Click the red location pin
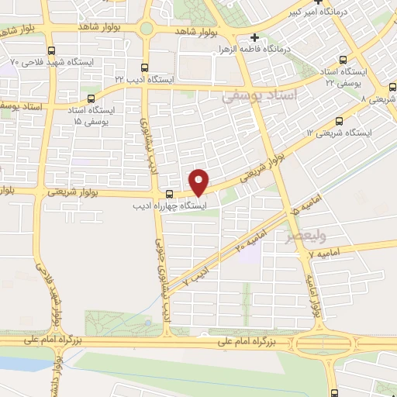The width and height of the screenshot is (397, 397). pyautogui.click(x=199, y=181)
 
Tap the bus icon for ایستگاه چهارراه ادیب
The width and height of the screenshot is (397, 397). pyautogui.click(x=170, y=193)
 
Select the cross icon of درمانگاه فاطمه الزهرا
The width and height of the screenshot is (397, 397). pyautogui.click(x=254, y=37)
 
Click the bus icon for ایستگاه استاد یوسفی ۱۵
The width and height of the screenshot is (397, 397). pyautogui.click(x=92, y=99)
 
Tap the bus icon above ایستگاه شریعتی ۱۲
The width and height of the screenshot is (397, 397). pyautogui.click(x=339, y=121)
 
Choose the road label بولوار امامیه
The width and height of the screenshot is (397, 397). pyautogui.click(x=314, y=291)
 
